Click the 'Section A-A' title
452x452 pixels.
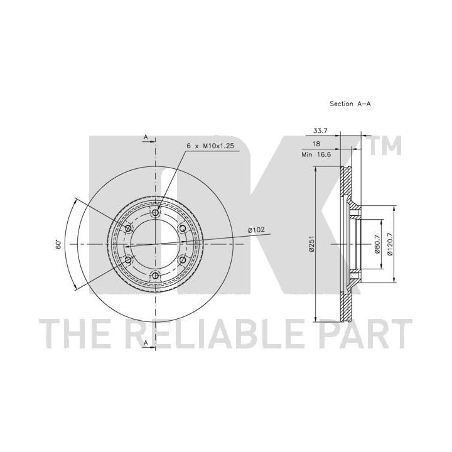pyautogui.click(x=350, y=104)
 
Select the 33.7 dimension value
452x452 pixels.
pyautogui.click(x=320, y=131)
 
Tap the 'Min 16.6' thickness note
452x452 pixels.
pyautogui.click(x=316, y=154)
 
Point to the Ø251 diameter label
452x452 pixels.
pyautogui.click(x=311, y=244)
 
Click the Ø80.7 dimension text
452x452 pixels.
pyautogui.click(x=377, y=244)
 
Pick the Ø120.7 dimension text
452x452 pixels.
pyautogui.click(x=390, y=244)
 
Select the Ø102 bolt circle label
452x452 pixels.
pyautogui.click(x=256, y=230)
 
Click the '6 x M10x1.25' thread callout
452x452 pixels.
pyautogui.click(x=210, y=146)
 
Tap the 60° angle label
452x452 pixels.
pyautogui.click(x=59, y=244)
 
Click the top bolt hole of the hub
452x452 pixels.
pyautogui.click(x=156, y=213)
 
